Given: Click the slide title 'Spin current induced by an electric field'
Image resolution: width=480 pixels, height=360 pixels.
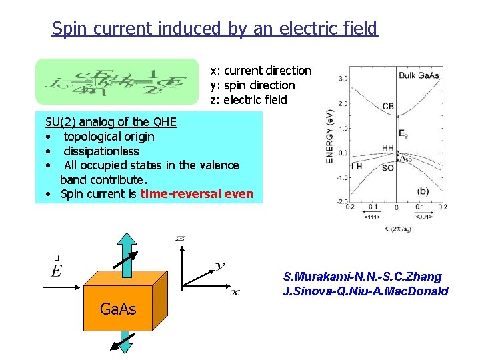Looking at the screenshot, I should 214,29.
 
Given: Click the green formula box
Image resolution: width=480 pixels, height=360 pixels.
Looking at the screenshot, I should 117,82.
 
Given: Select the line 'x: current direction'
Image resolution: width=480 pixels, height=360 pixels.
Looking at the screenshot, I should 261,71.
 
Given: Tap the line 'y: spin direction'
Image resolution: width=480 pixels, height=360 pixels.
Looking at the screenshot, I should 252,85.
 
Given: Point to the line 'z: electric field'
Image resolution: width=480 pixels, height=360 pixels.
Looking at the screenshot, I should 249,100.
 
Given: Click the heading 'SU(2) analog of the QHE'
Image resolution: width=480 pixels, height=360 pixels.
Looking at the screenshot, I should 111,121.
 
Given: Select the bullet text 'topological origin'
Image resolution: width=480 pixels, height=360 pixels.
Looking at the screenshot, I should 109,137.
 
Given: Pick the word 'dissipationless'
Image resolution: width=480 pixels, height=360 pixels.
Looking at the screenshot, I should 101,151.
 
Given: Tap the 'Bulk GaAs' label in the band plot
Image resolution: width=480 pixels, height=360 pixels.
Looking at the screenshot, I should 419,75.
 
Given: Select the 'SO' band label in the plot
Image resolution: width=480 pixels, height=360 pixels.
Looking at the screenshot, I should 388,168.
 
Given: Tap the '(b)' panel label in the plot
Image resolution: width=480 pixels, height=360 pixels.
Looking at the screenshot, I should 423,190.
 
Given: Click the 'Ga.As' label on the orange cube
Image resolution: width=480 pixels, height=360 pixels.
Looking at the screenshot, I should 117,309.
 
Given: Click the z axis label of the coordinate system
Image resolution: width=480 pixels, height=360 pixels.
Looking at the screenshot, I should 180,238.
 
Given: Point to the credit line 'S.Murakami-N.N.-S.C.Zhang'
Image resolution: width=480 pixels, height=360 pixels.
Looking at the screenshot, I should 362,277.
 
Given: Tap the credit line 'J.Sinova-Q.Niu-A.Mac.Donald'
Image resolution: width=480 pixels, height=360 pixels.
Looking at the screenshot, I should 365,291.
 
